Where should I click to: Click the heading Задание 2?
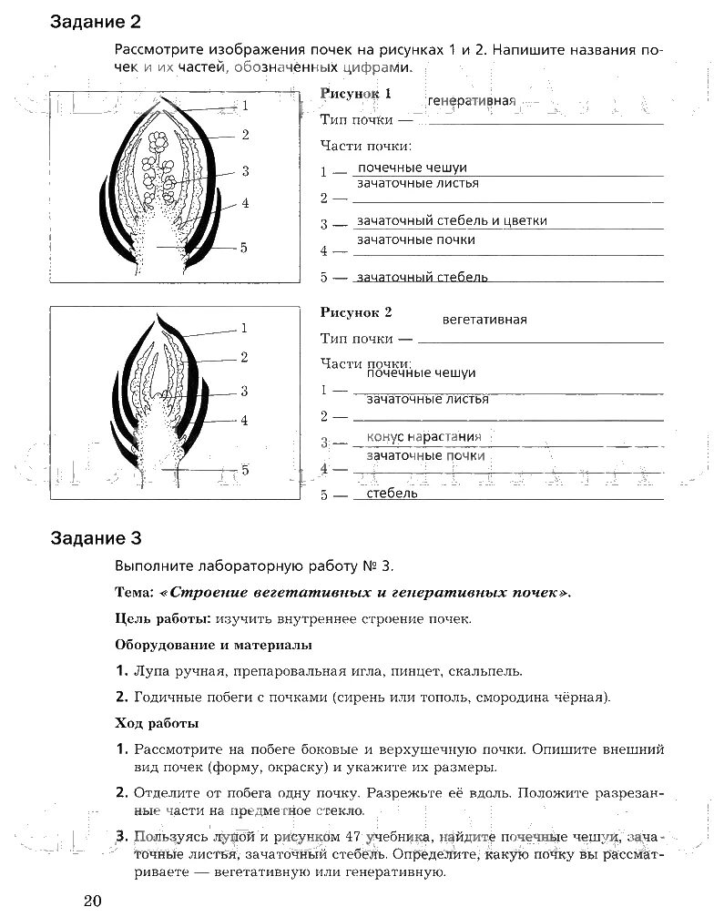97,21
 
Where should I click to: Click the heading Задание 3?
97,538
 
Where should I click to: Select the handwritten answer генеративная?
471,100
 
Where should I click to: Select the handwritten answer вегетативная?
484,320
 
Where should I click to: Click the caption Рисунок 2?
356,312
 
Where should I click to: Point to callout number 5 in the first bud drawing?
244,247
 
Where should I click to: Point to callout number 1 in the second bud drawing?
244,328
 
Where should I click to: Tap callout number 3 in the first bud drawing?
246,170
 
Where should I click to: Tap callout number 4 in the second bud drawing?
245,420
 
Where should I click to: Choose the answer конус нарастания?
423,437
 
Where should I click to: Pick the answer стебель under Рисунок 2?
392,494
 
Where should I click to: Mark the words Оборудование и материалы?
214,645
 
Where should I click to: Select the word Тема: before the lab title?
135,592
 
